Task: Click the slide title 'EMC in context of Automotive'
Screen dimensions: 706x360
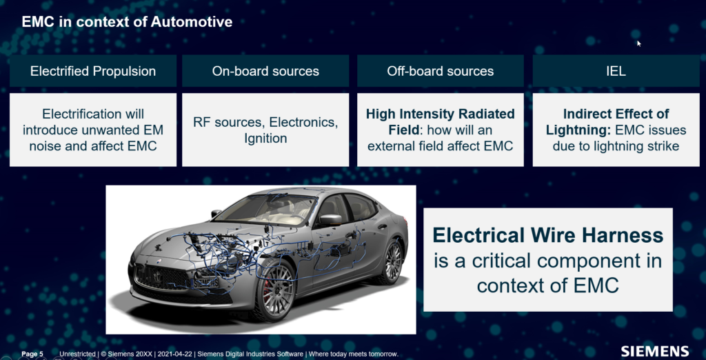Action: pos(127,21)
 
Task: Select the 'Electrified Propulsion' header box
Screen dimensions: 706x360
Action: pos(93,71)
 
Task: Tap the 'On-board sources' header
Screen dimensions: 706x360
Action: pos(265,71)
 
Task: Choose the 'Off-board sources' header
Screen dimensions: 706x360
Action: pos(441,71)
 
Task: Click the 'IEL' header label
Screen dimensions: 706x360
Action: pos(616,71)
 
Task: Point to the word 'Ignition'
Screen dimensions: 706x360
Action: pos(265,139)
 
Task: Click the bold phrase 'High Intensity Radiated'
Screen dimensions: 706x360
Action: pos(441,114)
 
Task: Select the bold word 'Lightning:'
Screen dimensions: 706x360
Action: pos(578,130)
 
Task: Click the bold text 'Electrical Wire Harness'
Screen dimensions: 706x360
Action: pos(548,235)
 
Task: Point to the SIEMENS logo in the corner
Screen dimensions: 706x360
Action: pos(655,352)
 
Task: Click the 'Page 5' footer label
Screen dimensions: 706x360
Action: pos(32,354)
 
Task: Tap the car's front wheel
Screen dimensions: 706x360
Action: pos(274,287)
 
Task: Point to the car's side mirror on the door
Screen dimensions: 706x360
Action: pos(330,220)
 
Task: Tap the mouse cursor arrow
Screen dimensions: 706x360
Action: pos(638,43)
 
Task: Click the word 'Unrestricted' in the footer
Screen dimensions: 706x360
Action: pos(77,354)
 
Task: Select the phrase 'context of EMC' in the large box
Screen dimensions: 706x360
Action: pos(548,286)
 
